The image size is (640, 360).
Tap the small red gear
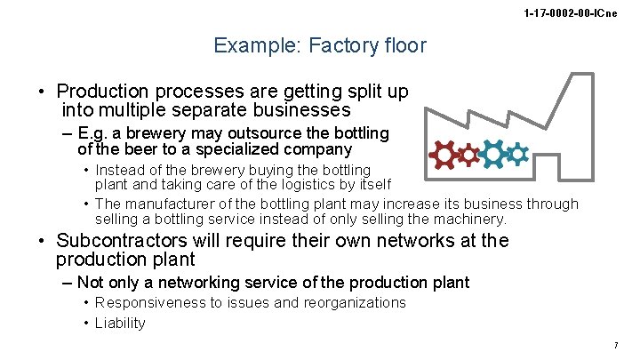tap(468, 156)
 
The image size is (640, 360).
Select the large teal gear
tap(492, 154)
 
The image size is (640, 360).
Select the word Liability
tap(120, 323)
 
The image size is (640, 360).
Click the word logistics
tap(291, 184)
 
